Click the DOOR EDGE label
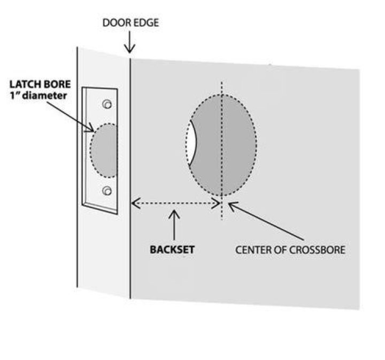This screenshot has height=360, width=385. pyautogui.click(x=130, y=23)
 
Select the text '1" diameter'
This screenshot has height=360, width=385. pyautogui.click(x=38, y=96)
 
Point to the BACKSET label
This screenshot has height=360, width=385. pyautogui.click(x=172, y=249)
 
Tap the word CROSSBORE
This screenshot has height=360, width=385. pyautogui.click(x=317, y=250)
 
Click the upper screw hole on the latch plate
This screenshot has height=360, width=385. pyautogui.click(x=107, y=104)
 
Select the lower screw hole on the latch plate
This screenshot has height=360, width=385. pyautogui.click(x=107, y=191)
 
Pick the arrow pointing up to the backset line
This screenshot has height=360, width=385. pyautogui.click(x=174, y=225)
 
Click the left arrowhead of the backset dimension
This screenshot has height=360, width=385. pyautogui.click(x=136, y=203)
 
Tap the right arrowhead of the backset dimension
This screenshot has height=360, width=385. pyautogui.click(x=216, y=204)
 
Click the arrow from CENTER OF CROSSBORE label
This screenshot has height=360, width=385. pyautogui.click(x=266, y=221)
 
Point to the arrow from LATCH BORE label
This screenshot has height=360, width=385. pyautogui.click(x=71, y=117)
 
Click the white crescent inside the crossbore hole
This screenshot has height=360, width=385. pyautogui.click(x=192, y=143)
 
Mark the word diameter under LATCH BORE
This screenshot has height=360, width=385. pyautogui.click(x=44, y=96)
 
